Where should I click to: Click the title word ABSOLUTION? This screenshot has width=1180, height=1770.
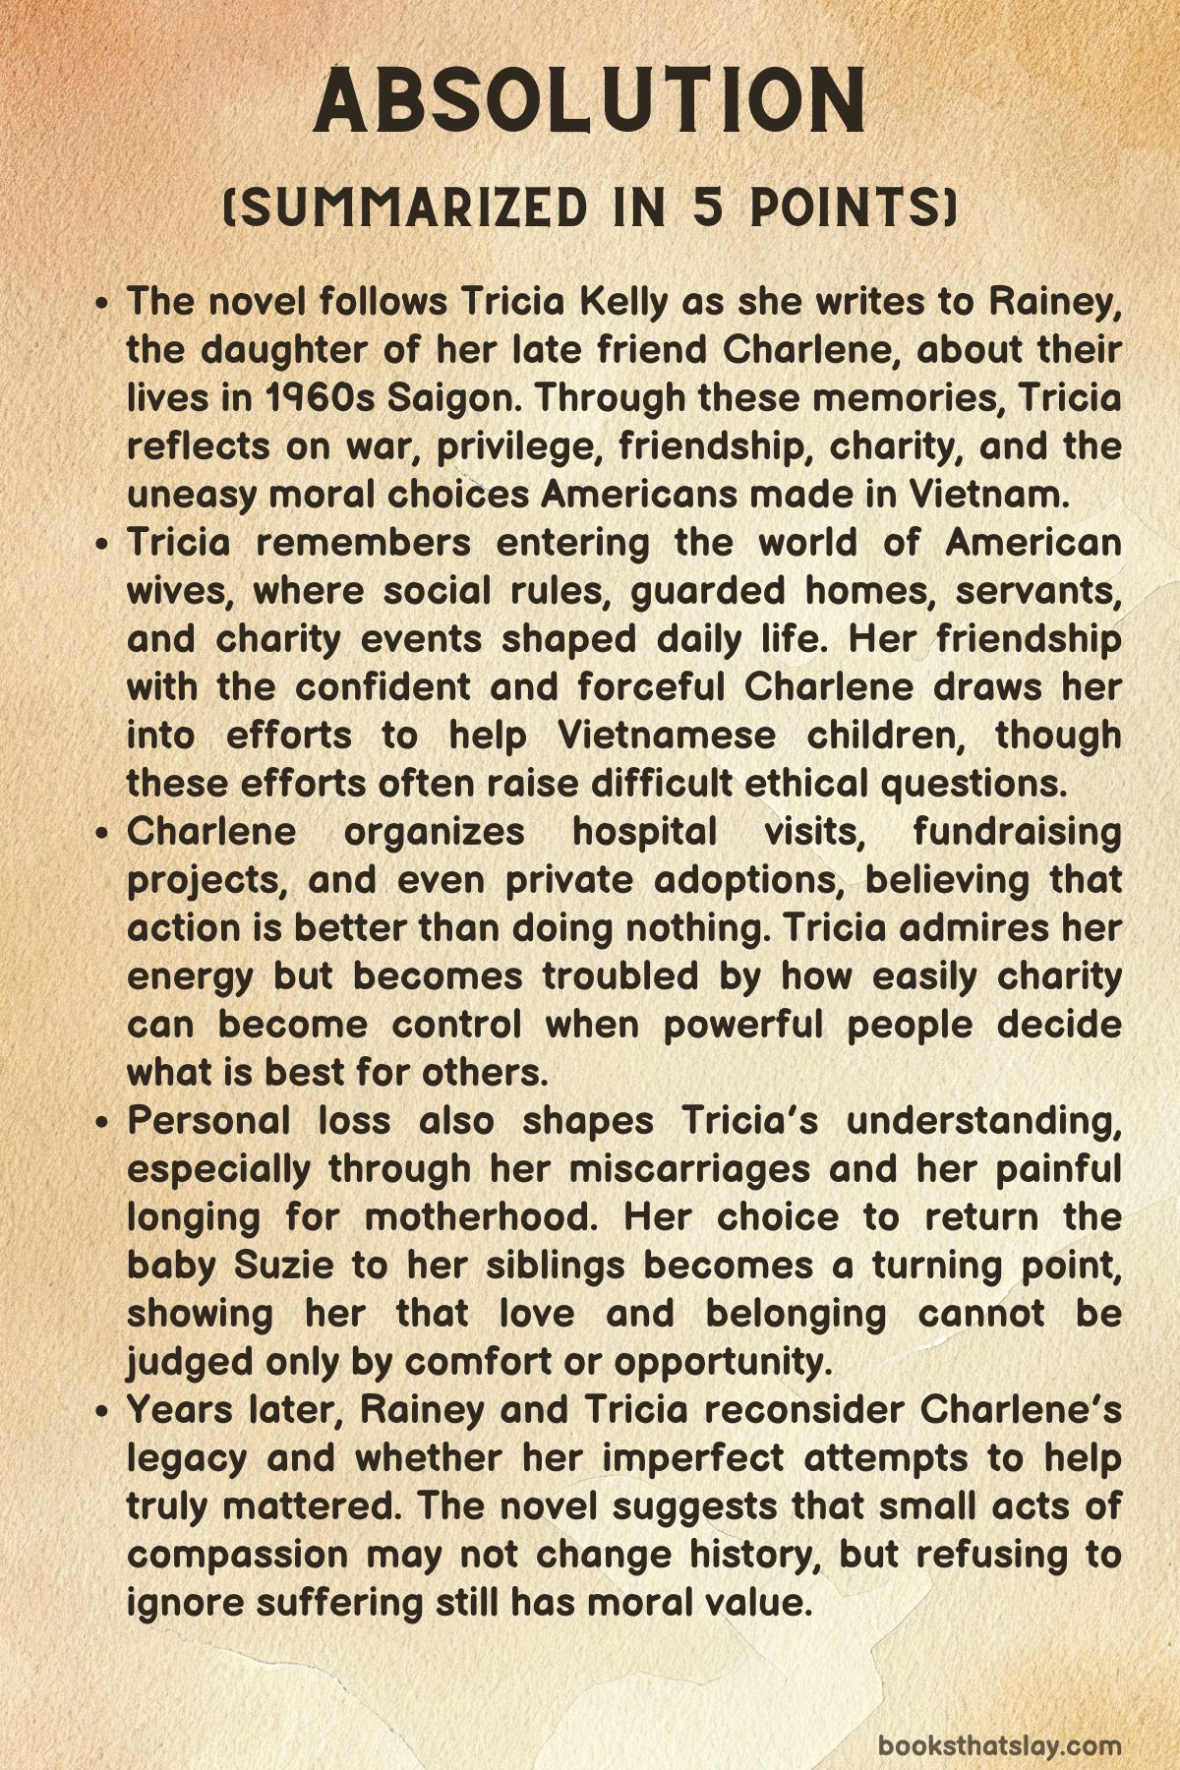(590, 101)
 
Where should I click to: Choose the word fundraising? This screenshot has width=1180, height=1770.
(1017, 831)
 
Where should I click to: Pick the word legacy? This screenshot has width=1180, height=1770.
(187, 1457)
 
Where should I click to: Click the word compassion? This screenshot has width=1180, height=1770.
(238, 1554)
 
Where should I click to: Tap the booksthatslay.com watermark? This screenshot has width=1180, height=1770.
(999, 1719)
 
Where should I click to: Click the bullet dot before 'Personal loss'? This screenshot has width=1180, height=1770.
(105, 1122)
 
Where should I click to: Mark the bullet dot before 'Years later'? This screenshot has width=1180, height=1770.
(105, 1411)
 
